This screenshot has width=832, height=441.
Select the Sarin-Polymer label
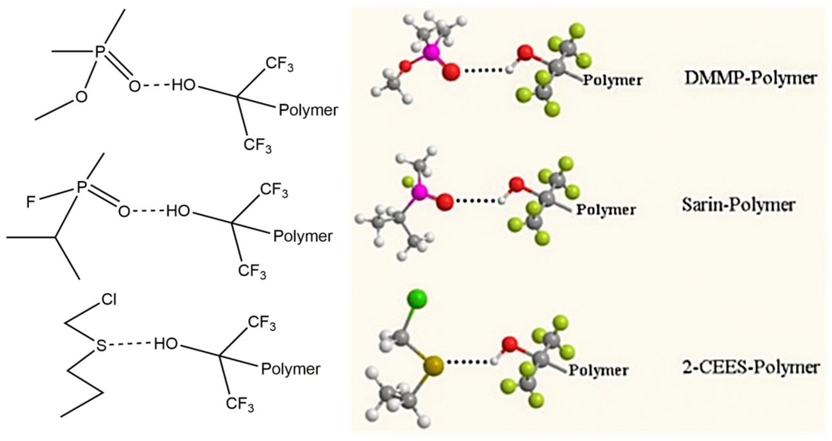[738, 205]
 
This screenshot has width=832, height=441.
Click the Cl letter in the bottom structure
[108, 300]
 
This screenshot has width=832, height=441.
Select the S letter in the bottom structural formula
[101, 346]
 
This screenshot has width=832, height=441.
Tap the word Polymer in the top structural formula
[308, 111]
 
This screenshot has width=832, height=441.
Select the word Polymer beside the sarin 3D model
[606, 210]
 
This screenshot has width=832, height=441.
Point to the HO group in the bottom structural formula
[166, 344]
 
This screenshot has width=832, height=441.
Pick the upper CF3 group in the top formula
[279, 64]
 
